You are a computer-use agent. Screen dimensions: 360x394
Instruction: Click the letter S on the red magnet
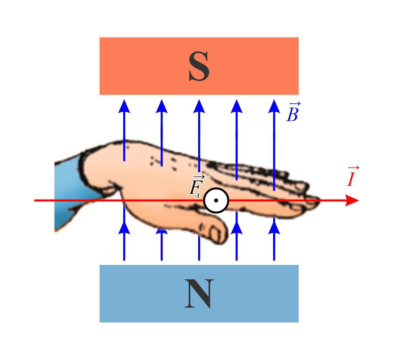pyautogui.click(x=199, y=67)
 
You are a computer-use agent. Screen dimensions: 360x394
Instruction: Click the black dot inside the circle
pyautogui.click(x=216, y=200)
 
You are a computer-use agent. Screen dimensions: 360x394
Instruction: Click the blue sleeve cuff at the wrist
pyautogui.click(x=68, y=191)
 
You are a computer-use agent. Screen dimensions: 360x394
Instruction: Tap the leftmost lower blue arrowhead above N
pyautogui.click(x=124, y=228)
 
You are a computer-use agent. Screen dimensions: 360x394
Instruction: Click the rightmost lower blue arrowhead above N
pyautogui.click(x=274, y=228)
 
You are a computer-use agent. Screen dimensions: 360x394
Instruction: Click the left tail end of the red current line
pyautogui.click(x=36, y=200)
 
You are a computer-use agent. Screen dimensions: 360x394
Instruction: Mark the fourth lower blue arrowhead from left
pyautogui.click(x=237, y=228)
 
